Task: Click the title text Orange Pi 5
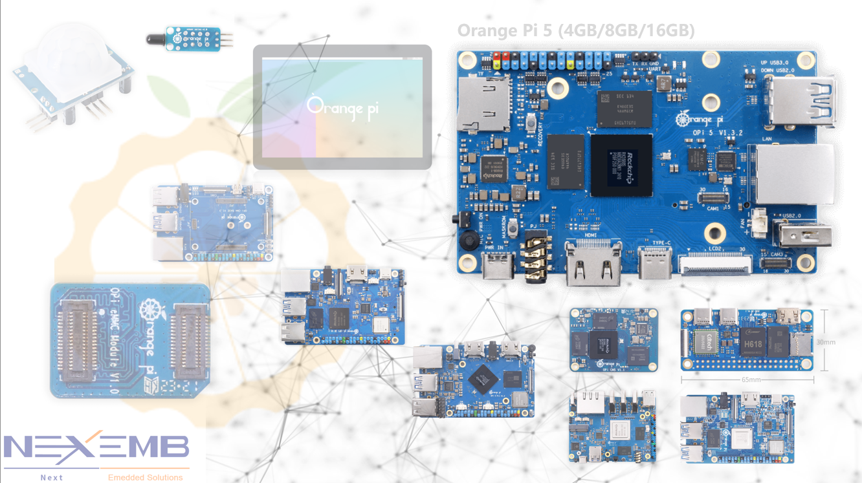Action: pyautogui.click(x=575, y=30)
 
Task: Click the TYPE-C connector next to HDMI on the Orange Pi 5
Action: pyautogui.click(x=655, y=262)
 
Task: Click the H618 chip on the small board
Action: pyautogui.click(x=753, y=343)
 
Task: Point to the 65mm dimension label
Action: pyautogui.click(x=751, y=380)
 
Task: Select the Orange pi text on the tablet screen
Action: pyautogui.click(x=342, y=108)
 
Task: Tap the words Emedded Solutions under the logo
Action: pyautogui.click(x=145, y=477)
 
